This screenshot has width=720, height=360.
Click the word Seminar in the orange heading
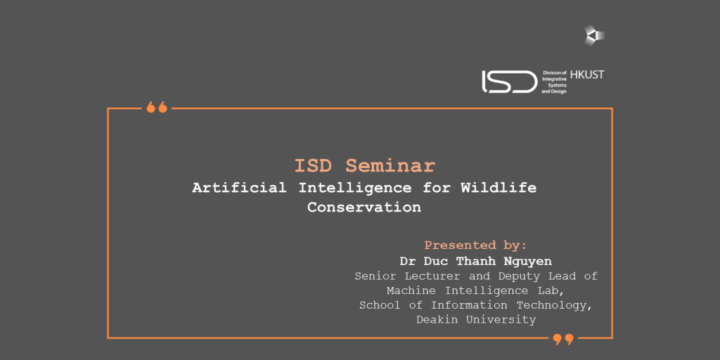[x=390, y=166]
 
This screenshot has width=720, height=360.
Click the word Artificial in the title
[x=239, y=188]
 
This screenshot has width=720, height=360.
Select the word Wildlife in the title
[x=499, y=188]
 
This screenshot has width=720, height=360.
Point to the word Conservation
[x=364, y=207]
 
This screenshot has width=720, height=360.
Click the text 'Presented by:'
[x=475, y=245]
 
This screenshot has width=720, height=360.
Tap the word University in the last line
[x=501, y=320]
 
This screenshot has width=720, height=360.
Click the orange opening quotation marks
[x=157, y=108]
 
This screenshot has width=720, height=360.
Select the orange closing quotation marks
[x=563, y=340]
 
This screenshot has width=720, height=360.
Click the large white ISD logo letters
[x=509, y=82]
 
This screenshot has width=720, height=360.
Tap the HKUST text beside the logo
[x=587, y=75]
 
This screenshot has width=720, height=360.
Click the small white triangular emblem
[x=594, y=35]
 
